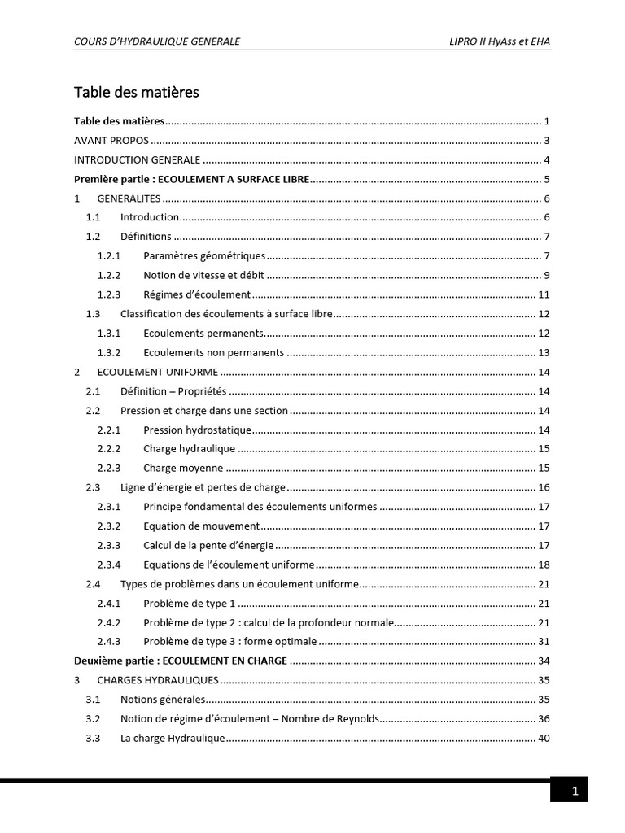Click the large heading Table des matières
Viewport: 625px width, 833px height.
[137, 93]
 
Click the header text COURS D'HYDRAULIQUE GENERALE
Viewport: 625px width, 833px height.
[157, 41]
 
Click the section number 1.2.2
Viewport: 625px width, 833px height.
[109, 275]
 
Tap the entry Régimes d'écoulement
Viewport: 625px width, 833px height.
[197, 294]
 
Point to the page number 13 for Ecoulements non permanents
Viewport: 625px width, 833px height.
[544, 353]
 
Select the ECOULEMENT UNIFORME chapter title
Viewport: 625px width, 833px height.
[158, 372]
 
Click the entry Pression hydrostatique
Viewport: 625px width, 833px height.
[197, 430]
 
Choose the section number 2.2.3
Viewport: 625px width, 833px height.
[109, 468]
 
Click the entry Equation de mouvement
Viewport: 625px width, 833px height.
[201, 526]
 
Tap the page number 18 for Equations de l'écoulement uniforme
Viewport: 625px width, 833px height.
[544, 565]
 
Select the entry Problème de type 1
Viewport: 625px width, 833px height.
[189, 603]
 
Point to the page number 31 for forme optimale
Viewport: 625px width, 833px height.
[544, 642]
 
